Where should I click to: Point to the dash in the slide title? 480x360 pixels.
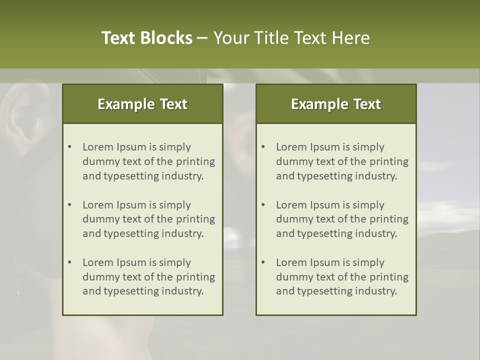[202, 38]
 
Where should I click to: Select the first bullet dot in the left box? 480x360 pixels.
[69, 147]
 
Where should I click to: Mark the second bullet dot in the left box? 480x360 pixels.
[69, 205]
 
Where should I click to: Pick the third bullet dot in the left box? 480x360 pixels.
[69, 262]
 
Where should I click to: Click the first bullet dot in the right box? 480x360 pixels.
[263, 147]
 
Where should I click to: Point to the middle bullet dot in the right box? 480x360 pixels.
[263, 205]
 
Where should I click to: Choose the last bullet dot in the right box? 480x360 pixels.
[263, 262]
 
